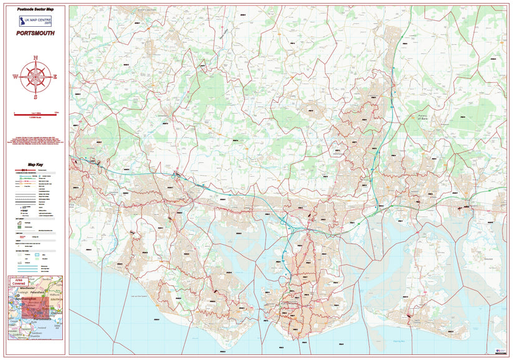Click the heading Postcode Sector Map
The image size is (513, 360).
tap(36, 11)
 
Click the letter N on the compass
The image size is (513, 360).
tap(36, 57)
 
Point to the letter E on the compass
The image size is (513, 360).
tap(55, 77)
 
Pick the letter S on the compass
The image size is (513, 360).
tap(36, 97)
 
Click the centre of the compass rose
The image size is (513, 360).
tap(36, 77)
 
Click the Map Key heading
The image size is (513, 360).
tap(36, 164)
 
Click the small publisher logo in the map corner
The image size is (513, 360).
tap(499, 351)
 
